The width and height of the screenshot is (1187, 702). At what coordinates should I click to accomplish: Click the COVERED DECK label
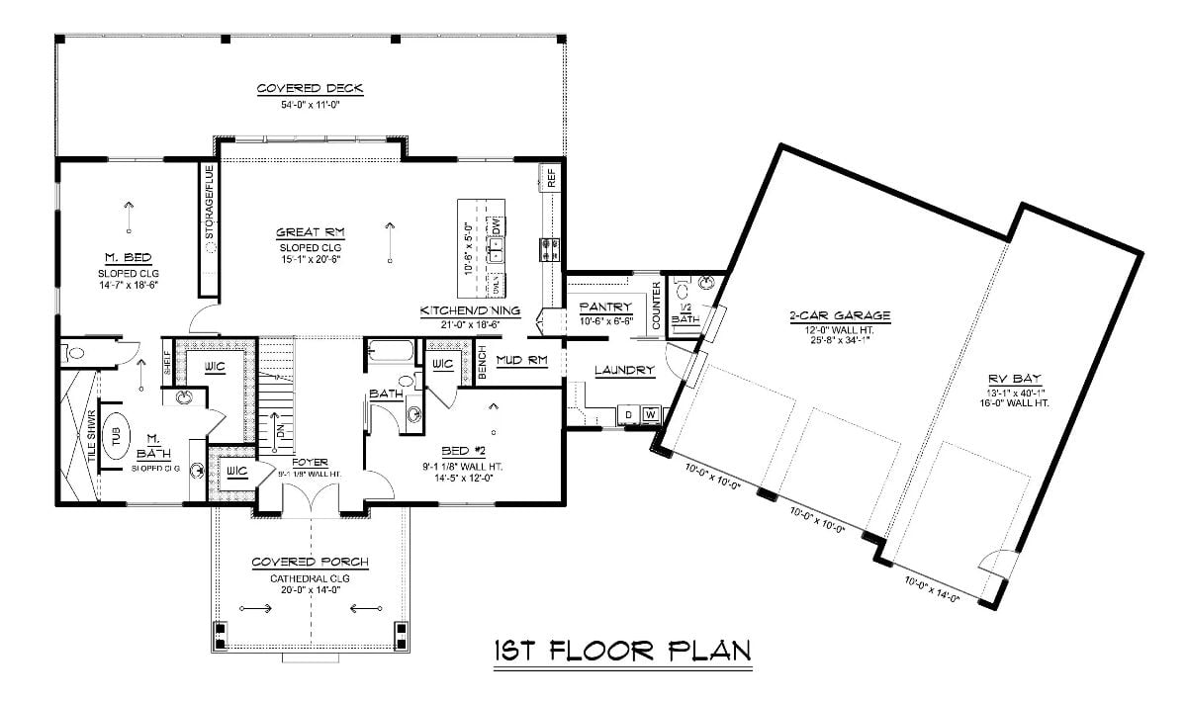(310, 88)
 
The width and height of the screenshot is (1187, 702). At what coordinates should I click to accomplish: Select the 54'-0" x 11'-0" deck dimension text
(310, 104)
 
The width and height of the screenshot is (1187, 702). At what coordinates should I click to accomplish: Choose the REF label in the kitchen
(551, 179)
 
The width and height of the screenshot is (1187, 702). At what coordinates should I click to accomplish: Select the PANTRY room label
(605, 307)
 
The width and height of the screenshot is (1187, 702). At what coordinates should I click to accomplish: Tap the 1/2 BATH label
(685, 313)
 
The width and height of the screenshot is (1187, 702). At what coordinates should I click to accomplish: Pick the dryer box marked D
(627, 413)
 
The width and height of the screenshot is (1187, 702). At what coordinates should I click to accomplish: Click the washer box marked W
(651, 413)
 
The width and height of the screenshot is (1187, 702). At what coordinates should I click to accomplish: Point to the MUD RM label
(521, 360)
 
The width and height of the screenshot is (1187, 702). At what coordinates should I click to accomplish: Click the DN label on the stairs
(281, 430)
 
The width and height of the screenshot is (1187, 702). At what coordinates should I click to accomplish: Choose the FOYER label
(309, 462)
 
